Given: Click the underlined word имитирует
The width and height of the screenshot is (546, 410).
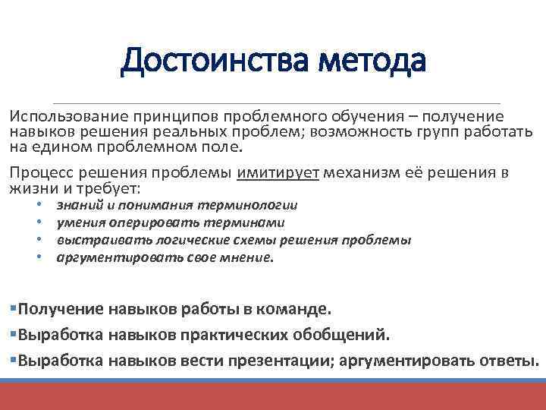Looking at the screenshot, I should pyautogui.click(x=278, y=172).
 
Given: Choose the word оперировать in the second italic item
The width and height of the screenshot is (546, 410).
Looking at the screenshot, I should pyautogui.click(x=146, y=222).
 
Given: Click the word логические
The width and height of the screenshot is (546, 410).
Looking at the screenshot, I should pyautogui.click(x=199, y=240).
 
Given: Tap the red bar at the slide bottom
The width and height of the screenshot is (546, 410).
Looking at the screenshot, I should pyautogui.click(x=273, y=396).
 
